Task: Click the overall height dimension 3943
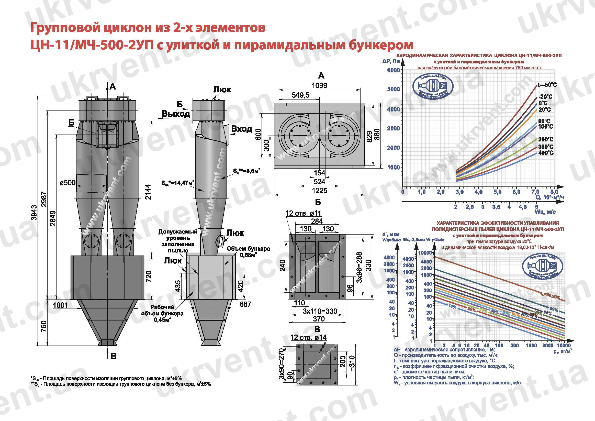tap(34, 213)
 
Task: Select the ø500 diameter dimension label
tap(68, 183)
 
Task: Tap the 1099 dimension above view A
tap(319, 85)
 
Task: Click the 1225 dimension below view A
tap(319, 191)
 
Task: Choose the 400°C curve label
tap(546, 153)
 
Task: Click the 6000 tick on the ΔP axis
tap(393, 70)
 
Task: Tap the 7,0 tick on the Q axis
tap(535, 192)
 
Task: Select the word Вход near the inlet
tap(242, 129)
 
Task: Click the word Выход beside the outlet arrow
tap(176, 114)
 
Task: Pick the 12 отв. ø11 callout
tap(303, 213)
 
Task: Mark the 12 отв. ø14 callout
tap(308, 337)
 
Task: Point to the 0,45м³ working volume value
tap(162, 320)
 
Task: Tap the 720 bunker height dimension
tap(149, 276)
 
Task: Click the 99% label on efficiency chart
tap(554, 309)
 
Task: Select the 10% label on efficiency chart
tap(452, 307)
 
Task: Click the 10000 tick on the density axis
tap(564, 345)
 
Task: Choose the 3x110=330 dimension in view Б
tap(320, 311)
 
